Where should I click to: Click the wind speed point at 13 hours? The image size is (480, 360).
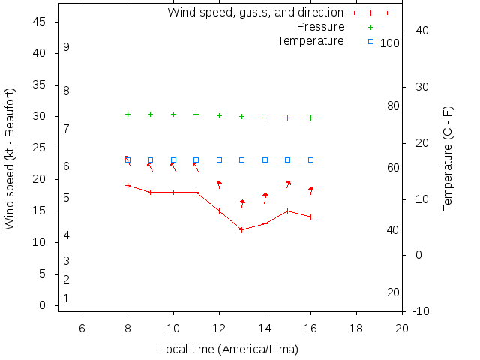pyautogui.click(x=242, y=229)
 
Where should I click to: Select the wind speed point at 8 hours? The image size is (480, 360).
pyautogui.click(x=127, y=185)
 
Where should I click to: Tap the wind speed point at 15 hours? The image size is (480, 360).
pyautogui.click(x=288, y=211)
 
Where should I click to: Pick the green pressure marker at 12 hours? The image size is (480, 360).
pyautogui.click(x=219, y=115)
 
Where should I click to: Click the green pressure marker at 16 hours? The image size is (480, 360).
pyautogui.click(x=311, y=118)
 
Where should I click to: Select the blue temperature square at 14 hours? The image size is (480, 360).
pyautogui.click(x=265, y=160)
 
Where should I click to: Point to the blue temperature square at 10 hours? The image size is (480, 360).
pyautogui.click(x=173, y=160)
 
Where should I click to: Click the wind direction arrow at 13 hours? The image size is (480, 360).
pyautogui.click(x=241, y=204)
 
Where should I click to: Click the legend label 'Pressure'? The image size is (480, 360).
pyautogui.click(x=320, y=27)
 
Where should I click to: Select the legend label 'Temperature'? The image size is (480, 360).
pyautogui.click(x=310, y=40)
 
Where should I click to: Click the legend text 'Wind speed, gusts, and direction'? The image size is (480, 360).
pyautogui.click(x=255, y=13)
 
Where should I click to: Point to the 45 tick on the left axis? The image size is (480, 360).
pyautogui.click(x=40, y=22)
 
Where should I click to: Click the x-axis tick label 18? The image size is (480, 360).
pyautogui.click(x=356, y=327)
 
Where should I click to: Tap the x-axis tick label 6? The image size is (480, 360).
pyautogui.click(x=82, y=327)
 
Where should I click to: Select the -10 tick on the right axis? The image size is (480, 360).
pyautogui.click(x=421, y=310)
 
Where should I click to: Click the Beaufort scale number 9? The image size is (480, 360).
pyautogui.click(x=67, y=47)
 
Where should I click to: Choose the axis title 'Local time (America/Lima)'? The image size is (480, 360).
pyautogui.click(x=229, y=349)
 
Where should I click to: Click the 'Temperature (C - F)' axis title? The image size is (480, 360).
pyautogui.click(x=448, y=158)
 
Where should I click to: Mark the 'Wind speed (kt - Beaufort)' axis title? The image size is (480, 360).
pyautogui.click(x=10, y=158)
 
